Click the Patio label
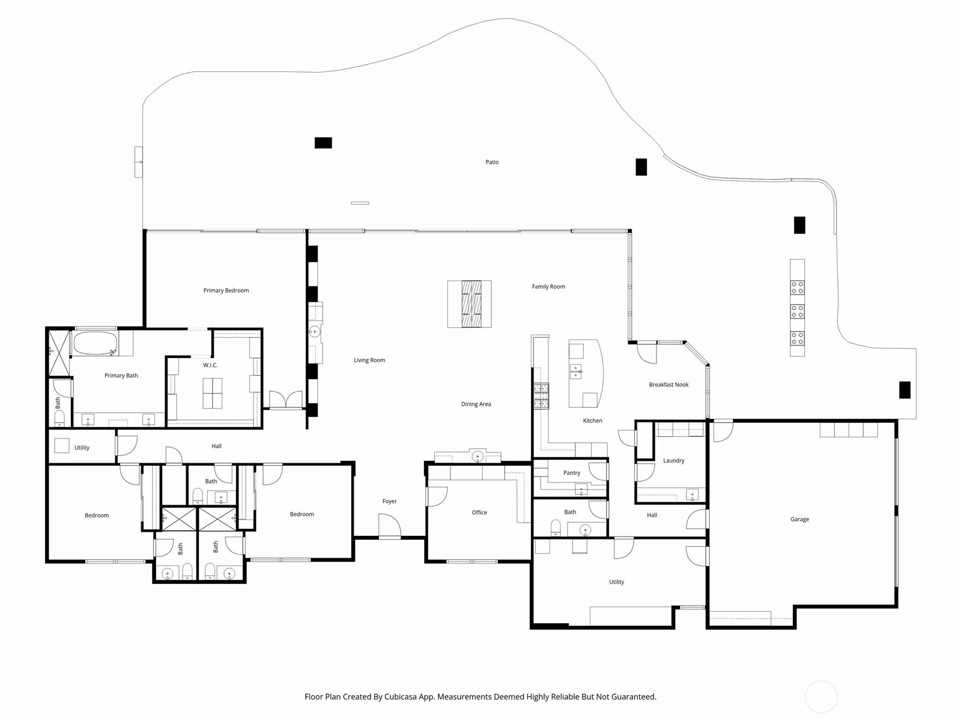point(492,162)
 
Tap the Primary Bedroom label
point(226,291)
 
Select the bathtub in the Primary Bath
point(95,344)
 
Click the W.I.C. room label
point(210,365)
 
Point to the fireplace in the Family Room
point(470,304)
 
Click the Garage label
point(799,519)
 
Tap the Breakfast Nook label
point(668,385)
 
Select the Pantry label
point(572,473)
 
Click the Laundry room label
point(673,461)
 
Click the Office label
point(479,513)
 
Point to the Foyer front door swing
point(389,526)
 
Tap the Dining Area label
point(476,404)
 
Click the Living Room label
point(369,360)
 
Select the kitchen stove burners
point(541,396)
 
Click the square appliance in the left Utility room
point(61,446)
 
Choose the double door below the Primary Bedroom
point(285,400)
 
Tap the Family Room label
point(548,287)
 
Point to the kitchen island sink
point(575,371)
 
